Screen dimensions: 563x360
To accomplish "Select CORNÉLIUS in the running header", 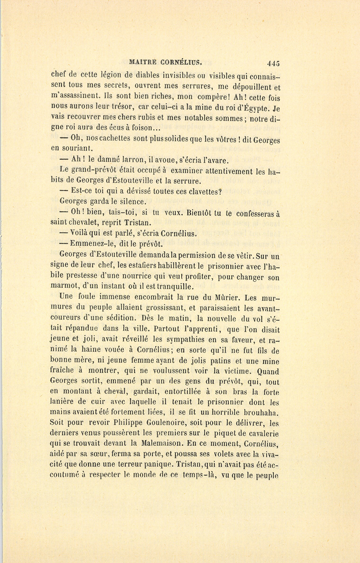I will [x=182, y=62].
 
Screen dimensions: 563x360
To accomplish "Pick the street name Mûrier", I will [x=225, y=297].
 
